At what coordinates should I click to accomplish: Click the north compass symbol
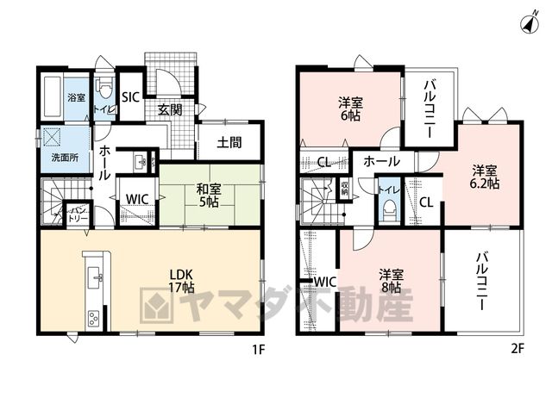pos(530,24)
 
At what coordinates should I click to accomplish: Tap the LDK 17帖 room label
pos(181,281)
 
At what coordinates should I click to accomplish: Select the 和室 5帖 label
pos(209,196)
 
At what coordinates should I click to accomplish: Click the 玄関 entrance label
pos(170,110)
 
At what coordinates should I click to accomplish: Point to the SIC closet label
pos(130,97)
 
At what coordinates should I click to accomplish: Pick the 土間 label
pos(229,142)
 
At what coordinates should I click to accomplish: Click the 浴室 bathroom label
pos(77,97)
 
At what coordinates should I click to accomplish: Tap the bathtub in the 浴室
pos(53,97)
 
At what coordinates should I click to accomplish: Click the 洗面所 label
pos(66,158)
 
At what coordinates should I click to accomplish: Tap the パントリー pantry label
pos(78,214)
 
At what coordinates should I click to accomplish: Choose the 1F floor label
pos(258,350)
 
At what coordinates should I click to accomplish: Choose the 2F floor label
pos(517,349)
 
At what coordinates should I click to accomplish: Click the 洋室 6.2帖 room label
pos(486,177)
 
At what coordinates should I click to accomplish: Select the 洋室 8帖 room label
pos(391,281)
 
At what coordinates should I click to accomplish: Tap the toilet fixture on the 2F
pos(389,210)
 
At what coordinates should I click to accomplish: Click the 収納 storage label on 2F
pos(344,190)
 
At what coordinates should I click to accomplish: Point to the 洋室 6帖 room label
pos(351,109)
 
